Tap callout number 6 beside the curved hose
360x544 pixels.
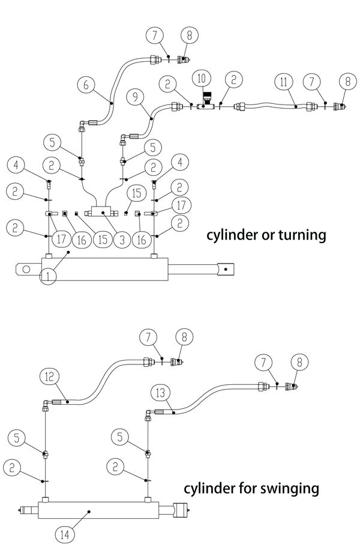tap(86, 85)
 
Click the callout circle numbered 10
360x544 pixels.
tap(202, 78)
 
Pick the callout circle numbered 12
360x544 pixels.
tap(49, 376)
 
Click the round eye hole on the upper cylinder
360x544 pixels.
tap(26, 268)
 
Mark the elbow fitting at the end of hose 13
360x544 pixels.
tap(148, 414)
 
